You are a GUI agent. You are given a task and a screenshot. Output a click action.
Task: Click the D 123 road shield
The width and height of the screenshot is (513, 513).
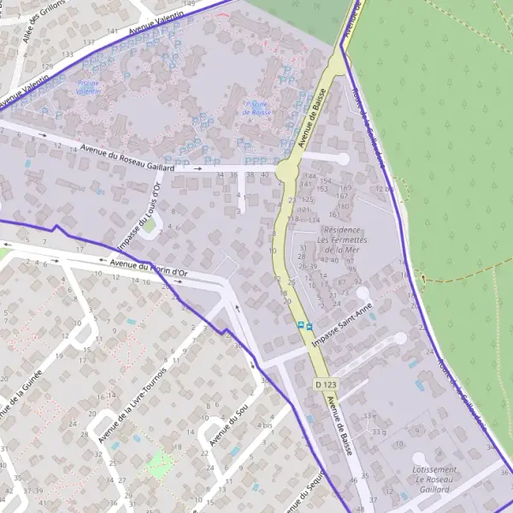322,386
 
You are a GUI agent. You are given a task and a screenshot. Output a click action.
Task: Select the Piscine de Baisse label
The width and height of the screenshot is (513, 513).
256,108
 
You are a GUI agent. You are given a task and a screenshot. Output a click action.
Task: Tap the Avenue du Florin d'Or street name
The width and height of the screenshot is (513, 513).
149,268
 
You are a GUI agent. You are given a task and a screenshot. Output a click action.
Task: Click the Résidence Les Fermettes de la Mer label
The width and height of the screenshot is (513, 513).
340,240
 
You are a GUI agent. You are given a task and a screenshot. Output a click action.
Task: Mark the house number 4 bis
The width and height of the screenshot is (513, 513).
265,425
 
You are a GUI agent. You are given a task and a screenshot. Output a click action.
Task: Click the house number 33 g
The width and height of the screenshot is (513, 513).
379,433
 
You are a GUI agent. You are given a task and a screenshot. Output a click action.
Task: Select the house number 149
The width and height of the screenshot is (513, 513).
188,4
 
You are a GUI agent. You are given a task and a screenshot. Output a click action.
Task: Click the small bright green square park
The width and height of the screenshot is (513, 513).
160,464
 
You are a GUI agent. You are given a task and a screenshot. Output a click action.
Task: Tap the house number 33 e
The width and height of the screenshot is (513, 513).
369,416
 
